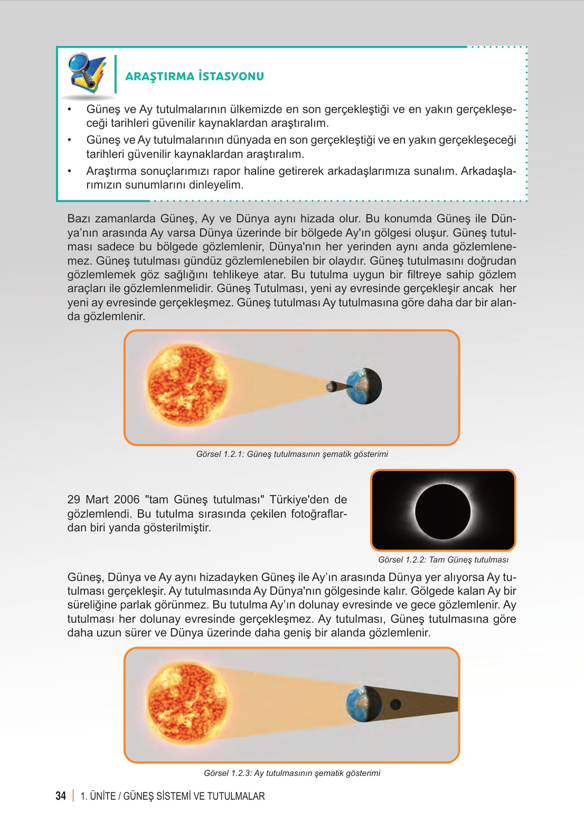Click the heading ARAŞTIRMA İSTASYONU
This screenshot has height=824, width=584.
[x=194, y=76]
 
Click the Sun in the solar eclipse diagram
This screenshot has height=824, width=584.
[x=187, y=386]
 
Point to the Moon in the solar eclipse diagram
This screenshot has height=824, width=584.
[x=332, y=387]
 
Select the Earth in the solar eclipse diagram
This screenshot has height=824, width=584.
[x=364, y=386]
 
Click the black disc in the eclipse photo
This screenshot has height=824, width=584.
[x=442, y=511]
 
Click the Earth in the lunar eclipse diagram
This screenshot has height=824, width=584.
[x=363, y=704]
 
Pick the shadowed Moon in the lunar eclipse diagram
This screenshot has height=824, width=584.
[x=395, y=704]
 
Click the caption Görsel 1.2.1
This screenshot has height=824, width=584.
[x=292, y=454]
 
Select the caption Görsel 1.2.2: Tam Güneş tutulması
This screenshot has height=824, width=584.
[x=443, y=560]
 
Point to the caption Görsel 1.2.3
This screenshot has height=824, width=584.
[x=292, y=773]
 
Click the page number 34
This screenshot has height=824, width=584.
[x=61, y=796]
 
